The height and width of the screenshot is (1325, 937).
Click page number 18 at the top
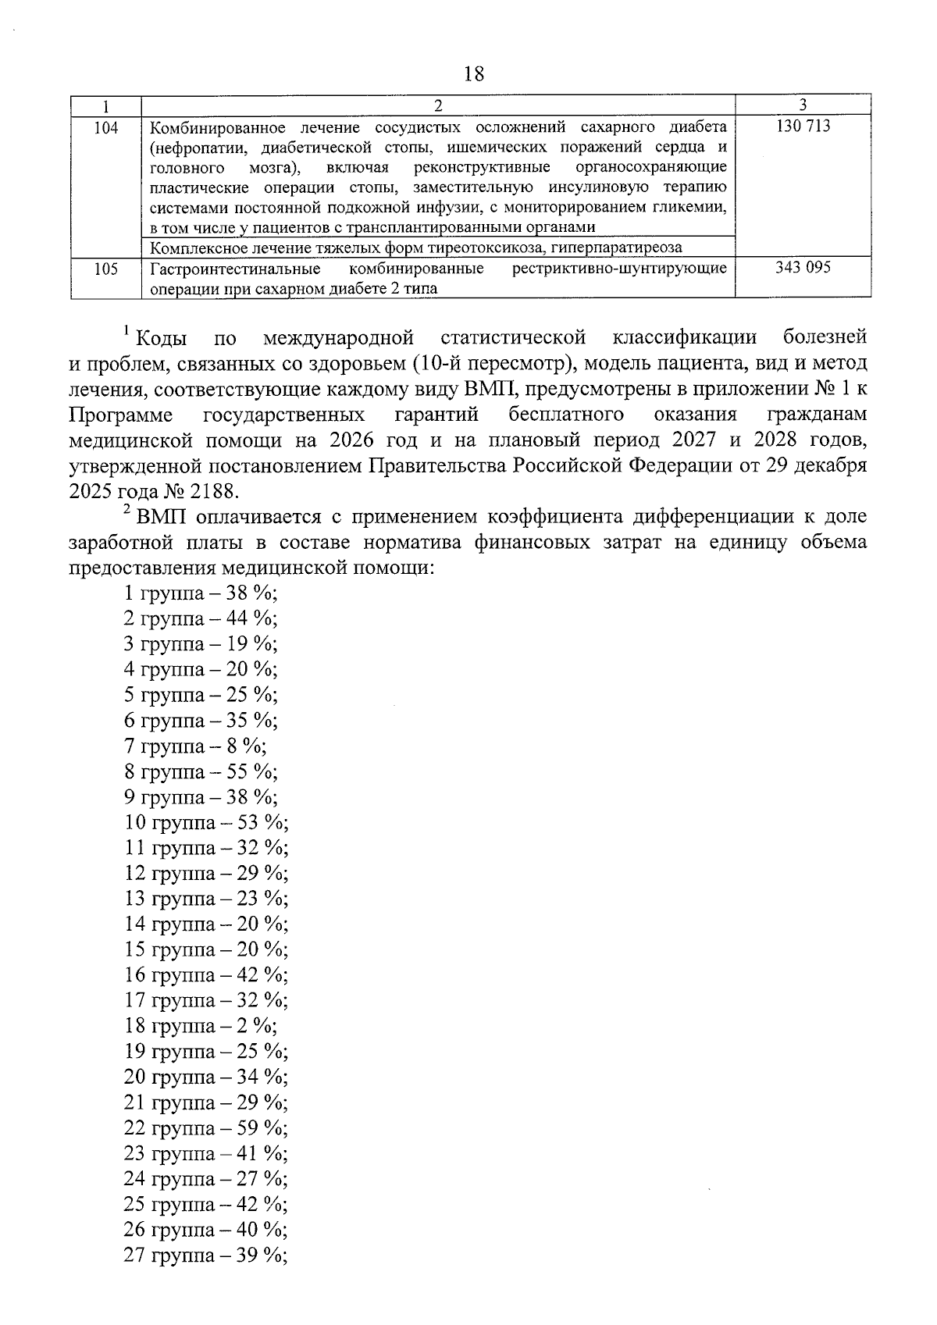[473, 74]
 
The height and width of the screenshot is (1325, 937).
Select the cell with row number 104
[105, 127]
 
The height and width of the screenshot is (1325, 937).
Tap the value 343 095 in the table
[803, 268]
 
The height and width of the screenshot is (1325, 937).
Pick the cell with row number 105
[105, 269]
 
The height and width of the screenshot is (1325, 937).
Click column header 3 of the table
[803, 105]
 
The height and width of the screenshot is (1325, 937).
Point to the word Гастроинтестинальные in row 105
[235, 269]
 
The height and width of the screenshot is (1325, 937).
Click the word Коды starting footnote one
[161, 339]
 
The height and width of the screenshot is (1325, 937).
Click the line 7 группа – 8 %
[194, 746]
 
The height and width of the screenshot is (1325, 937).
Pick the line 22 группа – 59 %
[205, 1128]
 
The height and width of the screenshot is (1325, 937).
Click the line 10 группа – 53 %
[205, 822]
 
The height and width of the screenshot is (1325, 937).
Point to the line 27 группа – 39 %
[205, 1256]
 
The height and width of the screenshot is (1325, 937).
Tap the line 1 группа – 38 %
[200, 593]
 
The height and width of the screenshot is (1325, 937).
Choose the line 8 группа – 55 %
[200, 771]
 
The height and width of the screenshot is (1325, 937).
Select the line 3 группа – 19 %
[200, 644]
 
